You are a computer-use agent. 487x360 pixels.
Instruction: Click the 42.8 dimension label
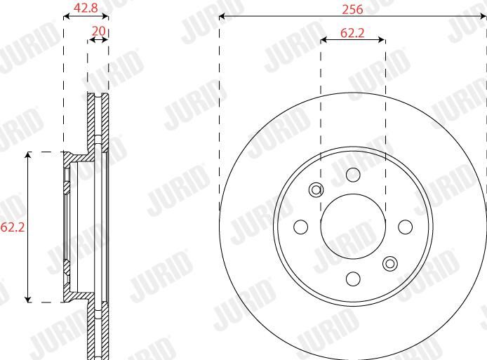[85, 8]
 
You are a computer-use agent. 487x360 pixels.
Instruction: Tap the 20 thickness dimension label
[99, 31]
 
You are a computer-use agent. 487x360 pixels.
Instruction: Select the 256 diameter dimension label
[352, 9]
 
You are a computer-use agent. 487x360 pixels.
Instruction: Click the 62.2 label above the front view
[352, 33]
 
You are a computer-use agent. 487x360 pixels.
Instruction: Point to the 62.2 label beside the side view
[13, 227]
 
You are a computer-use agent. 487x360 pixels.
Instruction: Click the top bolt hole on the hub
[353, 175]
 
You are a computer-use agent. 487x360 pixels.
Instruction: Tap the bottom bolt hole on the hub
[353, 279]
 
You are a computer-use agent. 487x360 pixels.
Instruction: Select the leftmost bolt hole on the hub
[300, 227]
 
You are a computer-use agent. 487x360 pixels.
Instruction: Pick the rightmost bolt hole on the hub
[406, 227]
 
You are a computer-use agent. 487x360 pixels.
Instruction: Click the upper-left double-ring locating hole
[316, 189]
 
